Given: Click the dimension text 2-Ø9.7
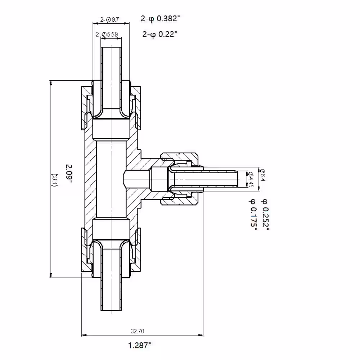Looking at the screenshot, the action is [x=109, y=19].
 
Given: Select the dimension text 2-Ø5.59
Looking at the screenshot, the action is [x=107, y=35].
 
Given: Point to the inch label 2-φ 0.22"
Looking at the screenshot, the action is [x=160, y=34].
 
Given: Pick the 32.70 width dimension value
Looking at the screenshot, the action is [x=138, y=331].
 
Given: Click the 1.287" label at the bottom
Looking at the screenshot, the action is [x=140, y=345].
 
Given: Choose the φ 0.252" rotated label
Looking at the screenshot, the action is [x=265, y=215].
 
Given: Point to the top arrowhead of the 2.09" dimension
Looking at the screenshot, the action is [x=51, y=83].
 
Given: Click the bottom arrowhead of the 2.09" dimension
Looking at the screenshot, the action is [x=51, y=275].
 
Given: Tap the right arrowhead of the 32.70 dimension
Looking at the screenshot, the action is [x=200, y=335].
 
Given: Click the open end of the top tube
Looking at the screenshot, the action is [x=111, y=47].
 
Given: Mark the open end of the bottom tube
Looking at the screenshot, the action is [x=111, y=310].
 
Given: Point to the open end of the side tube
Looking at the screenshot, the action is [x=238, y=179].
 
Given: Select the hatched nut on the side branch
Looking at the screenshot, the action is [x=179, y=179].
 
